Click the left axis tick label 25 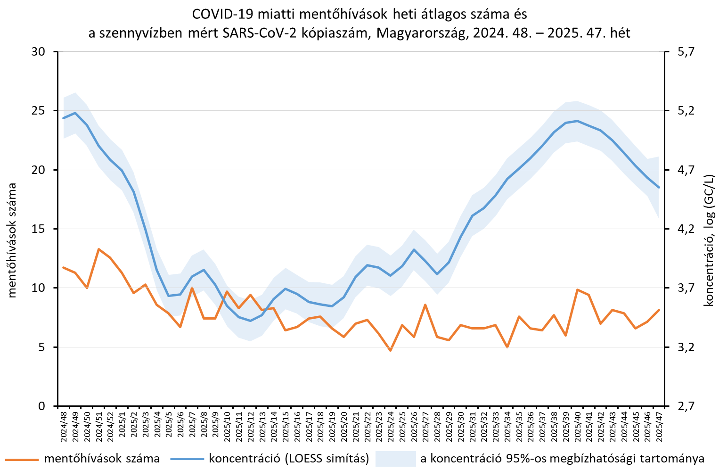[x=38, y=111]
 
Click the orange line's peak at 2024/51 [x=98, y=249]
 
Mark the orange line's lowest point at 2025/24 [x=391, y=350]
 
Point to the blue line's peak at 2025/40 [x=578, y=121]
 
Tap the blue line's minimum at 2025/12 [x=250, y=321]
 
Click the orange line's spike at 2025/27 [x=425, y=305]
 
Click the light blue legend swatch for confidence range [x=395, y=458]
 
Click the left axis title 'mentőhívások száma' [x=12, y=240]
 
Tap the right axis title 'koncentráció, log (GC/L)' [x=709, y=240]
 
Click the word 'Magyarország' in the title [x=421, y=33]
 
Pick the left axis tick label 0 [x=42, y=406]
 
